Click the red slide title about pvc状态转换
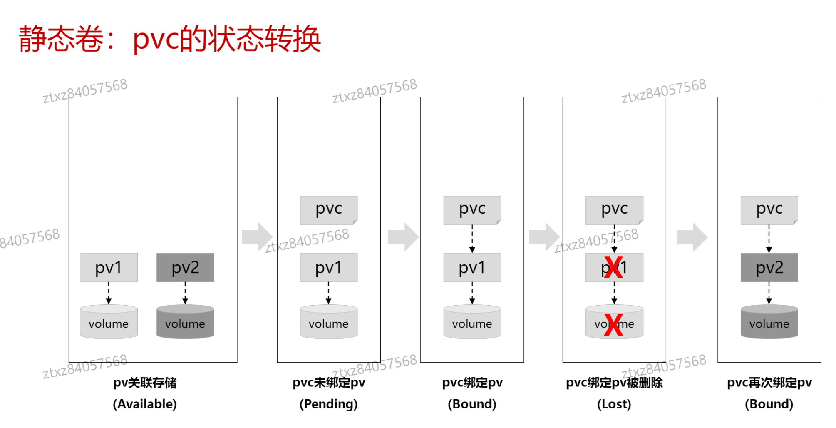(170, 39)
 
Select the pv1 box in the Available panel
(109, 268)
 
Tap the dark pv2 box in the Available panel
(185, 268)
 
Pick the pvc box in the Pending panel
(329, 210)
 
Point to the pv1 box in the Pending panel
(329, 268)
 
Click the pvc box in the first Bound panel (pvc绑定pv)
(472, 210)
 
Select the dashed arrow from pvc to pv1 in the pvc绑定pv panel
(472, 239)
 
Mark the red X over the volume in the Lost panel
(613, 325)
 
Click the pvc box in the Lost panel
(614, 210)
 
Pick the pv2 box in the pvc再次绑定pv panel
(769, 268)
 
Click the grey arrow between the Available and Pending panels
(257, 237)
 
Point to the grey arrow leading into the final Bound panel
(692, 237)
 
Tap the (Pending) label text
(329, 404)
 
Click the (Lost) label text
(614, 404)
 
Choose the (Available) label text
(145, 404)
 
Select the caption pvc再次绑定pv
(769, 383)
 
